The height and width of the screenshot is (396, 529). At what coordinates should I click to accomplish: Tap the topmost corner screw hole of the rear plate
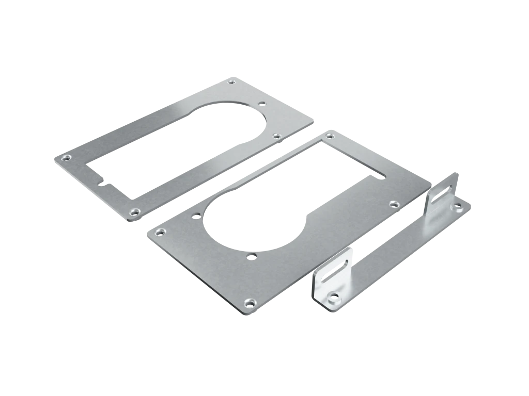coord(231,81)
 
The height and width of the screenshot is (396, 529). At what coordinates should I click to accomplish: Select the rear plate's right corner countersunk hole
coord(276,136)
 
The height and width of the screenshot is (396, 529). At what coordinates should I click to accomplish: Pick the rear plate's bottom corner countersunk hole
coord(135,211)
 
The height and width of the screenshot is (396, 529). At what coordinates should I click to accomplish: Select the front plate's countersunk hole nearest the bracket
coord(394,204)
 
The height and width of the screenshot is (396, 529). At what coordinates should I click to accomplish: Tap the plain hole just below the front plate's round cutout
coord(251,256)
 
